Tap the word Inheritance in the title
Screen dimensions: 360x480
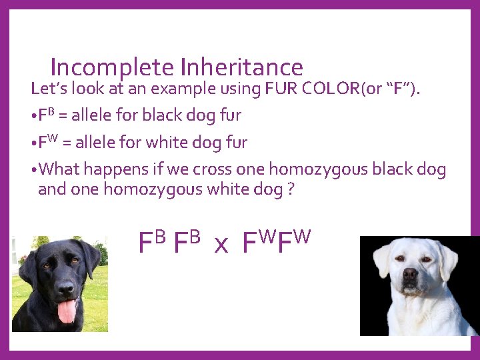tap(241, 67)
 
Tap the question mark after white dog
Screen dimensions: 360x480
tap(290, 189)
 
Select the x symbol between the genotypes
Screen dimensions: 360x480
tap(221, 245)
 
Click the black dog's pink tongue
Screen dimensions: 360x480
tap(67, 311)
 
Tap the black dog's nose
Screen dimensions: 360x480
tap(65, 288)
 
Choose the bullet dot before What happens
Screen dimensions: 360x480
tap(34, 169)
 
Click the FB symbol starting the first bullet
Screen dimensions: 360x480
tap(45, 115)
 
